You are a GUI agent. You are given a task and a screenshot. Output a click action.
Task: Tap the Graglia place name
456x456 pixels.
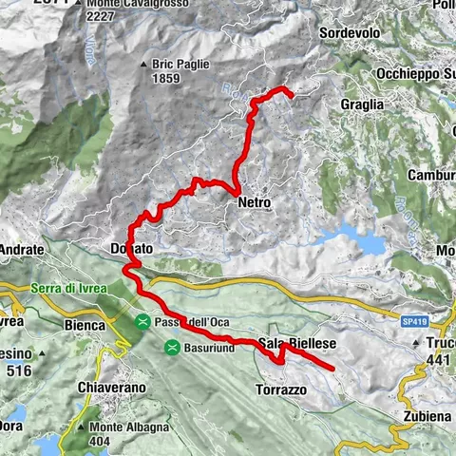pyautogui.click(x=365, y=104)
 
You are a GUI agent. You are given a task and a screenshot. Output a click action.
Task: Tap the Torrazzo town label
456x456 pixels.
pyautogui.click(x=282, y=389)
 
